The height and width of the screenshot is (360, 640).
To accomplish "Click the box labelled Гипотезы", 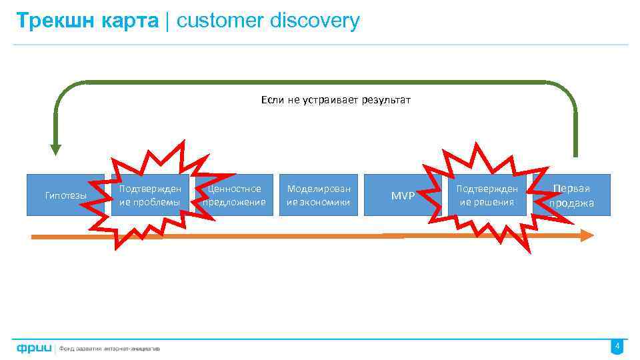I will tap(65, 195).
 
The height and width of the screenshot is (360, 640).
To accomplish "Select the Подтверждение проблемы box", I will tap(150, 195).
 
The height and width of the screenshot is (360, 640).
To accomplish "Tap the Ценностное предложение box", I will tap(235, 195).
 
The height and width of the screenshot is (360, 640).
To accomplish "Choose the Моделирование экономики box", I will tap(319, 195).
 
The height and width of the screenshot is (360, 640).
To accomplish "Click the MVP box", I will tap(403, 195).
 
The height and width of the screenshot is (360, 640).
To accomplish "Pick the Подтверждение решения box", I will tap(487, 195).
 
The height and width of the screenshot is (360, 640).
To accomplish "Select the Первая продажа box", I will tap(571, 195).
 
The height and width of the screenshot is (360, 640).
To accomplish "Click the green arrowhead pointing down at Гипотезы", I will tap(55, 150).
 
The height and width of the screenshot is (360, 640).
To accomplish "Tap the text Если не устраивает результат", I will tap(336, 100).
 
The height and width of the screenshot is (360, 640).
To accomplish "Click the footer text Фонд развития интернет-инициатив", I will tap(110, 348).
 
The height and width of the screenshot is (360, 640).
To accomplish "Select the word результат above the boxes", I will tap(386, 100).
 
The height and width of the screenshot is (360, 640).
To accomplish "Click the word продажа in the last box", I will tap(571, 203).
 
